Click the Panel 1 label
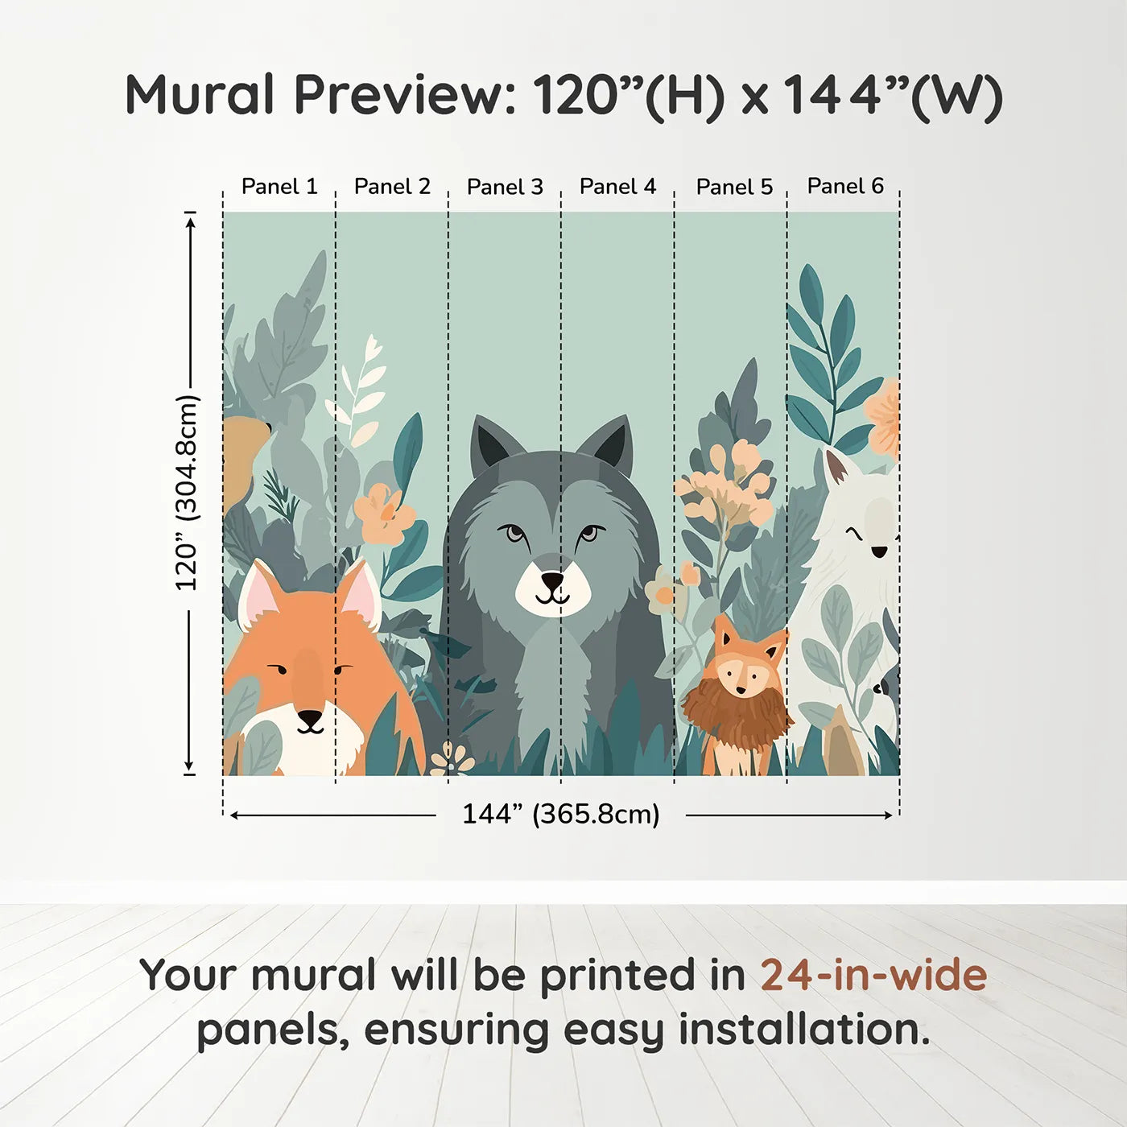pyautogui.click(x=279, y=187)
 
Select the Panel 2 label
pyautogui.click(x=392, y=187)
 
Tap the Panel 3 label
pyautogui.click(x=505, y=187)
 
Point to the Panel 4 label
pyautogui.click(x=617, y=187)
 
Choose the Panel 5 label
pyautogui.click(x=734, y=187)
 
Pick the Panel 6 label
pyautogui.click(x=845, y=186)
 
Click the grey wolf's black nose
pyautogui.click(x=553, y=580)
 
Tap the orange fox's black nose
pyautogui.click(x=310, y=716)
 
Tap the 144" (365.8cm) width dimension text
pyautogui.click(x=560, y=814)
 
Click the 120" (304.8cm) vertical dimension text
pyautogui.click(x=186, y=493)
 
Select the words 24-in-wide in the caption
pyautogui.click(x=873, y=975)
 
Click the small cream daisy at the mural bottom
pyautogui.click(x=451, y=758)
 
